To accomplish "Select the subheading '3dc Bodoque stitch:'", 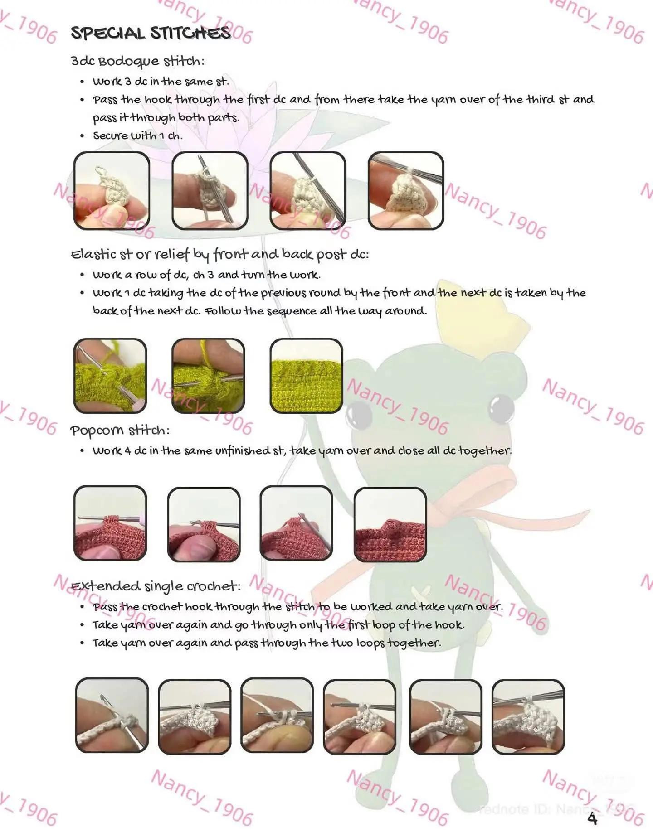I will click(x=137, y=61).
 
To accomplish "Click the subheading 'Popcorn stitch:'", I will click(x=120, y=430).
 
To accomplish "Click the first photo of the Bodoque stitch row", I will click(x=112, y=190).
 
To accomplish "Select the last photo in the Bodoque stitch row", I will click(x=406, y=190).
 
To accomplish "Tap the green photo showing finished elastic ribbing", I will click(x=306, y=376).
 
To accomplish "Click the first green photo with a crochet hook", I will click(x=110, y=376).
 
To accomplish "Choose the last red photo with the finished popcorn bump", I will click(x=390, y=524).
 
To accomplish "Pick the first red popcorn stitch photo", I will click(x=110, y=523).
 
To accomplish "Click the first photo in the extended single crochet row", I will click(x=112, y=716).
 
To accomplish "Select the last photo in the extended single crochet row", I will click(x=528, y=716).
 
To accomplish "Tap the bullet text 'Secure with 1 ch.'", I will click(x=137, y=135).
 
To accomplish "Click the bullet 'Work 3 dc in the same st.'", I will click(x=161, y=82).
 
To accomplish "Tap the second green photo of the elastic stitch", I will click(x=208, y=376).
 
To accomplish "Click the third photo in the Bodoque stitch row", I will click(x=307, y=190).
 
